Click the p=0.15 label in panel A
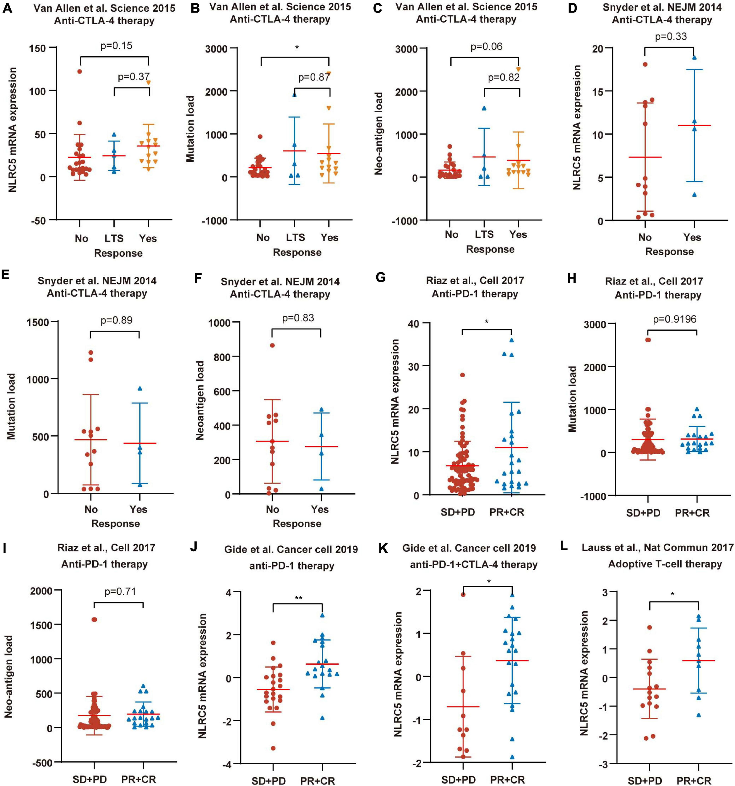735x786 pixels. pos(116,46)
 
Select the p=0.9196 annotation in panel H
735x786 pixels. pos(674,319)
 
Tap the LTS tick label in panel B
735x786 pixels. pos(296,238)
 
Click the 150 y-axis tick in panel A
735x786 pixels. pos(38,48)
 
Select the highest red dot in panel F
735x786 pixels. pos(272,345)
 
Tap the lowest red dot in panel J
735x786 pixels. pos(273,748)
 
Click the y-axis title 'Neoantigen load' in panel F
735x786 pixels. pos(200,400)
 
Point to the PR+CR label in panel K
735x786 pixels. pos(508,780)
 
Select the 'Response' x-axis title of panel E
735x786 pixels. pos(115,523)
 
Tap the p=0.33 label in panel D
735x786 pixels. pos(671,37)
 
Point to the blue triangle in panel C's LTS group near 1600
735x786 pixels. pos(484,108)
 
